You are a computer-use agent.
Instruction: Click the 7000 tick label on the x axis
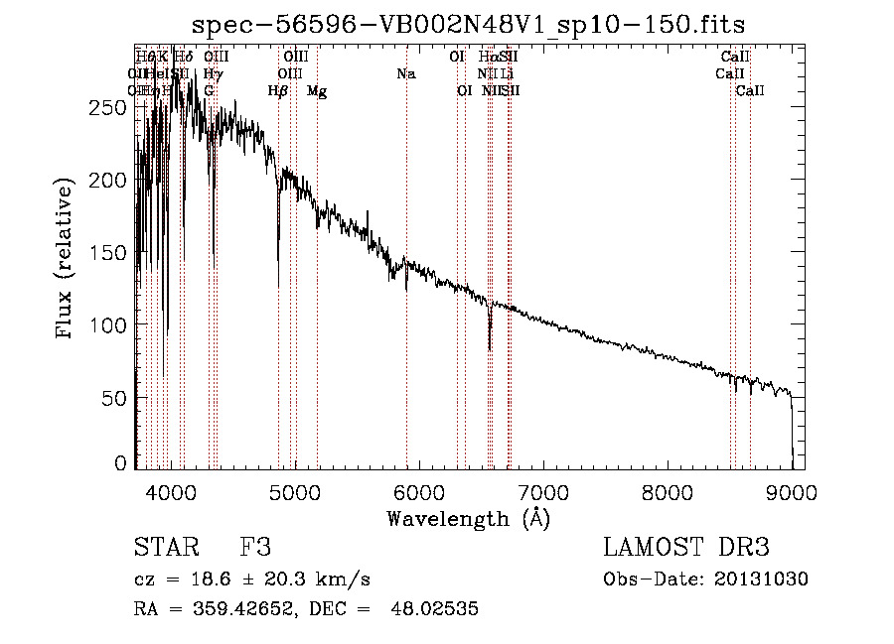click(542, 489)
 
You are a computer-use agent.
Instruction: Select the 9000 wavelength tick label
click(791, 489)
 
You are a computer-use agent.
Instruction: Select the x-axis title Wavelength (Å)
click(468, 517)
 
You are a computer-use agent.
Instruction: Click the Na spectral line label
click(405, 74)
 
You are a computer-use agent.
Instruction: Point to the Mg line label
click(317, 91)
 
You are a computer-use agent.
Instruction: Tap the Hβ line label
click(278, 91)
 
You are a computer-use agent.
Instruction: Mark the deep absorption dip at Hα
click(490, 342)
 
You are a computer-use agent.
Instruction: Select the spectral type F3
click(255, 548)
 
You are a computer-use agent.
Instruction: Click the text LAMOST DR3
click(686, 548)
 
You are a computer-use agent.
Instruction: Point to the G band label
click(209, 91)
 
